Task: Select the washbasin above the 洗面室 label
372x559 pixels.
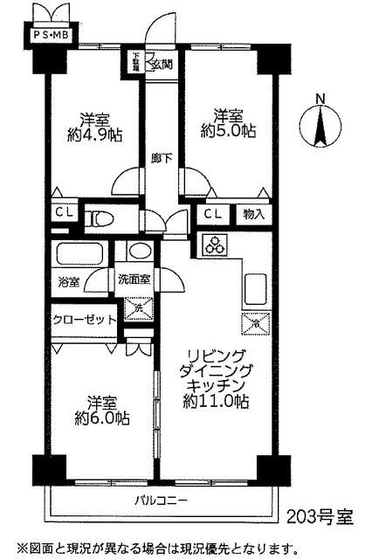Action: (x=138, y=252)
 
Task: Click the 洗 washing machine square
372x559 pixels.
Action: (x=135, y=307)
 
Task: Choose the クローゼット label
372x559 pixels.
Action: (x=84, y=321)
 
